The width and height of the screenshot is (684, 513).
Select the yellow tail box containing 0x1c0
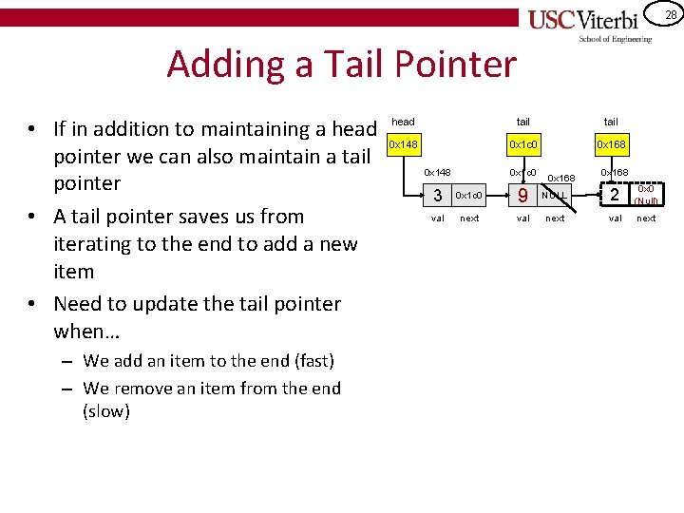522,145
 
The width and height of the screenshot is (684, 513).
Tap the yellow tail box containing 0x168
610,145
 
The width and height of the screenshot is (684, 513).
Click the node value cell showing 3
437,196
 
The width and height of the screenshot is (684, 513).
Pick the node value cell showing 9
522,196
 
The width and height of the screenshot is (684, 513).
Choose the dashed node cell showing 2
615,196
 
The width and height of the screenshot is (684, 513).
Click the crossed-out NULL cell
555,196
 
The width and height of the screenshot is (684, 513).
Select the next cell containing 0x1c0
469,196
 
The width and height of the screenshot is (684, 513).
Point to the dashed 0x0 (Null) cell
646,196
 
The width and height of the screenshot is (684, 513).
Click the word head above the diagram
403,122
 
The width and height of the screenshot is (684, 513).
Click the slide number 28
670,14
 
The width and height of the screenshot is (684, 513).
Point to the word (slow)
106,411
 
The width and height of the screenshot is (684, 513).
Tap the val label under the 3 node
437,218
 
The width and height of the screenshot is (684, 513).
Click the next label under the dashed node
646,218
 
